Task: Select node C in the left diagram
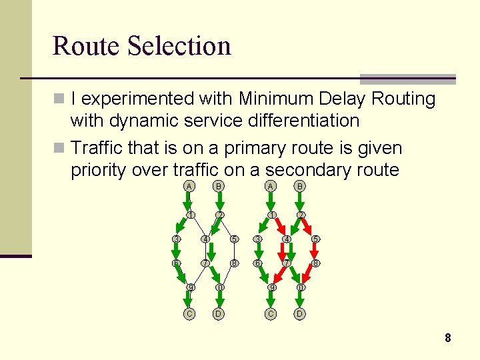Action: (x=190, y=313)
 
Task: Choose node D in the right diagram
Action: (x=301, y=313)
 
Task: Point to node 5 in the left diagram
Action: (x=234, y=239)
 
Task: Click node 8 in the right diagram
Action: (x=316, y=263)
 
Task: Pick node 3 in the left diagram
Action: (x=175, y=239)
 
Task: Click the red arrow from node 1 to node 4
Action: (x=278, y=227)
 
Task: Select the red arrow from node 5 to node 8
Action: (x=316, y=251)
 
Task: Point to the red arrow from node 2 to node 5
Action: (x=308, y=227)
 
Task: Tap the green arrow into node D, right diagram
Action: (x=301, y=301)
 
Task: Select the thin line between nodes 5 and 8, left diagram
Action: (x=234, y=251)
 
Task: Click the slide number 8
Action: (x=448, y=338)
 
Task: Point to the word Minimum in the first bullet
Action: (x=282, y=99)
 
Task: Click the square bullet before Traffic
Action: (x=59, y=147)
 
